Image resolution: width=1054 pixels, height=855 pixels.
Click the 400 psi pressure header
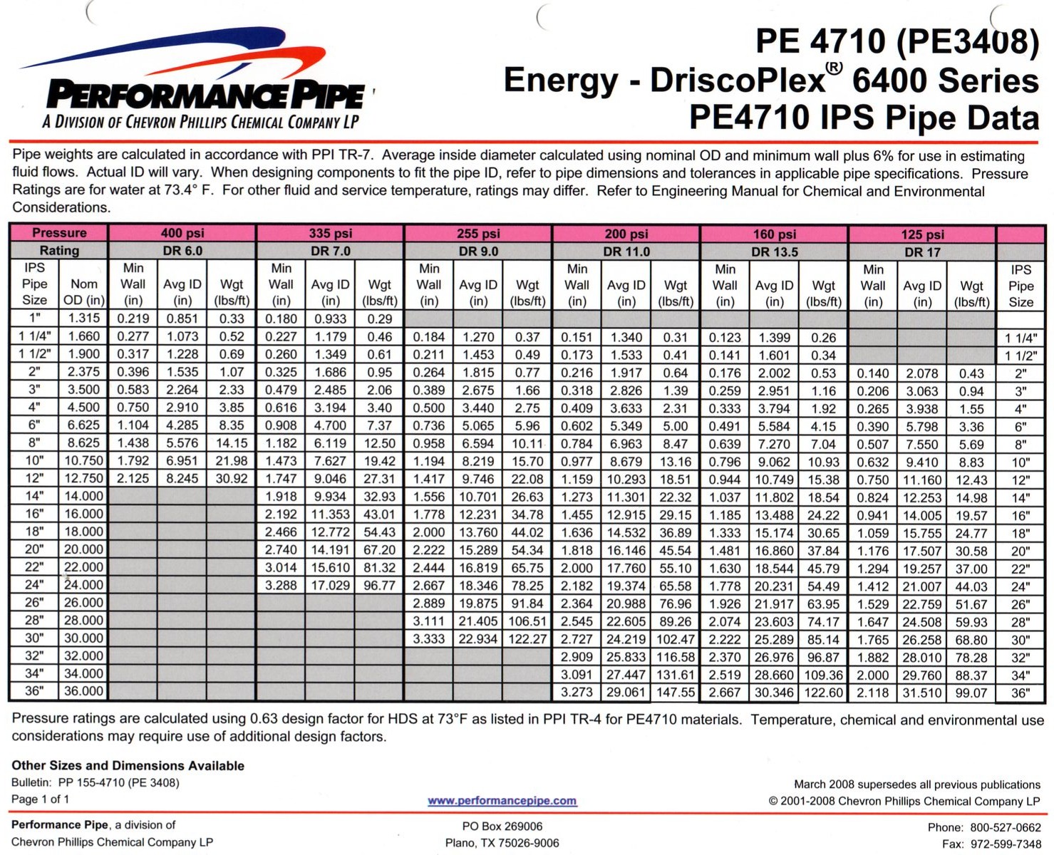point(182,233)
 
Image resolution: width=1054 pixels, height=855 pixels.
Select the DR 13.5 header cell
point(774,252)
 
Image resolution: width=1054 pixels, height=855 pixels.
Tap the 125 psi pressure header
point(922,234)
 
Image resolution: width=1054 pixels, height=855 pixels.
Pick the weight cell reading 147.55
point(676,693)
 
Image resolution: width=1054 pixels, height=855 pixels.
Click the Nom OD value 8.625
point(83,442)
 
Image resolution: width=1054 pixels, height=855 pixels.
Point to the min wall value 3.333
point(428,639)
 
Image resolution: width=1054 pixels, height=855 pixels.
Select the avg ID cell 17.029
point(330,586)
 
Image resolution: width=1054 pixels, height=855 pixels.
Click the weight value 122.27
point(527,639)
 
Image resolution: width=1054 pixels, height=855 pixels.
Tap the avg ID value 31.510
point(922,693)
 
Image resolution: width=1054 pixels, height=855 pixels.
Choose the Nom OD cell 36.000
point(83,691)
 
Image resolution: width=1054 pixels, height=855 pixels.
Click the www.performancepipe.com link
point(502,801)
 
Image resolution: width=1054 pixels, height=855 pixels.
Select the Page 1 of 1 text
point(41,799)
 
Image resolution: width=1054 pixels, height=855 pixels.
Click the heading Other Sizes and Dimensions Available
point(128,766)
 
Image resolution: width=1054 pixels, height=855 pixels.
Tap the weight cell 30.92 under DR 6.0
point(232,479)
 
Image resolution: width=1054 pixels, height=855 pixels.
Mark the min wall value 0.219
point(133,318)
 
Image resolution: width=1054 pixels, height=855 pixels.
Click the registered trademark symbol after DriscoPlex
point(835,68)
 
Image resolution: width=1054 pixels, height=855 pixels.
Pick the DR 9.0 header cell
point(478,251)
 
